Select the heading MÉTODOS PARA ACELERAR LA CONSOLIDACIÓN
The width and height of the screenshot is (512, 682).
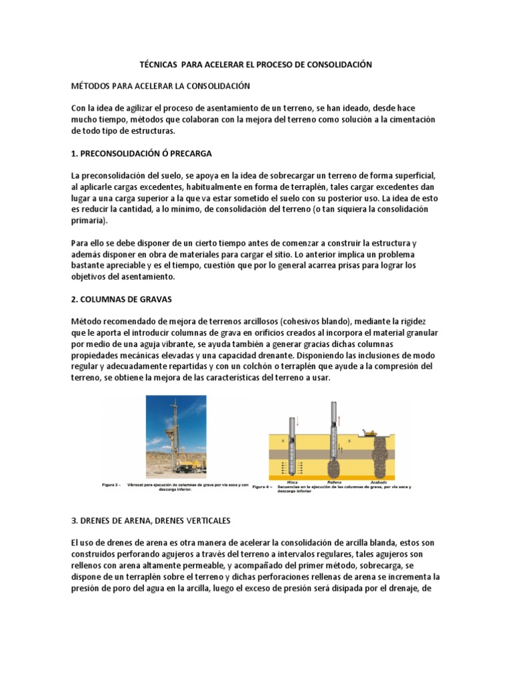159,86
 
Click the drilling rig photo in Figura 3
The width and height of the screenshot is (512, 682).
185,435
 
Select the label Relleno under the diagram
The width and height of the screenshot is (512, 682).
334,481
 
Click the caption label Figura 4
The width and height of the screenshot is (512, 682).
263,488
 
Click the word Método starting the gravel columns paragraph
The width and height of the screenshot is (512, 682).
88,320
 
